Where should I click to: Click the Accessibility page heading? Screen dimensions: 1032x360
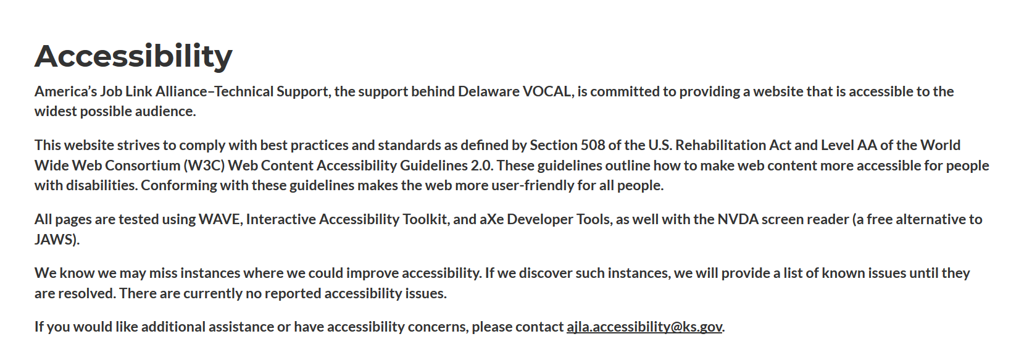click(x=133, y=57)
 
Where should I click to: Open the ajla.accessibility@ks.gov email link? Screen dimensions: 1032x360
click(x=644, y=327)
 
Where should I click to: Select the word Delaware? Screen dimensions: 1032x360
click(x=488, y=91)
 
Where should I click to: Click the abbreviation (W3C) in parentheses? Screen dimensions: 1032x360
click(x=204, y=165)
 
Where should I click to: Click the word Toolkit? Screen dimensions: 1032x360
click(x=426, y=219)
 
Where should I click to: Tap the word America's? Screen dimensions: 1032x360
click(x=66, y=91)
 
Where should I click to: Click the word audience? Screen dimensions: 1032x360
click(x=165, y=112)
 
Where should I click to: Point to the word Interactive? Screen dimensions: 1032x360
click(x=281, y=219)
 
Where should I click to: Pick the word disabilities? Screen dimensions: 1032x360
click(x=101, y=185)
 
